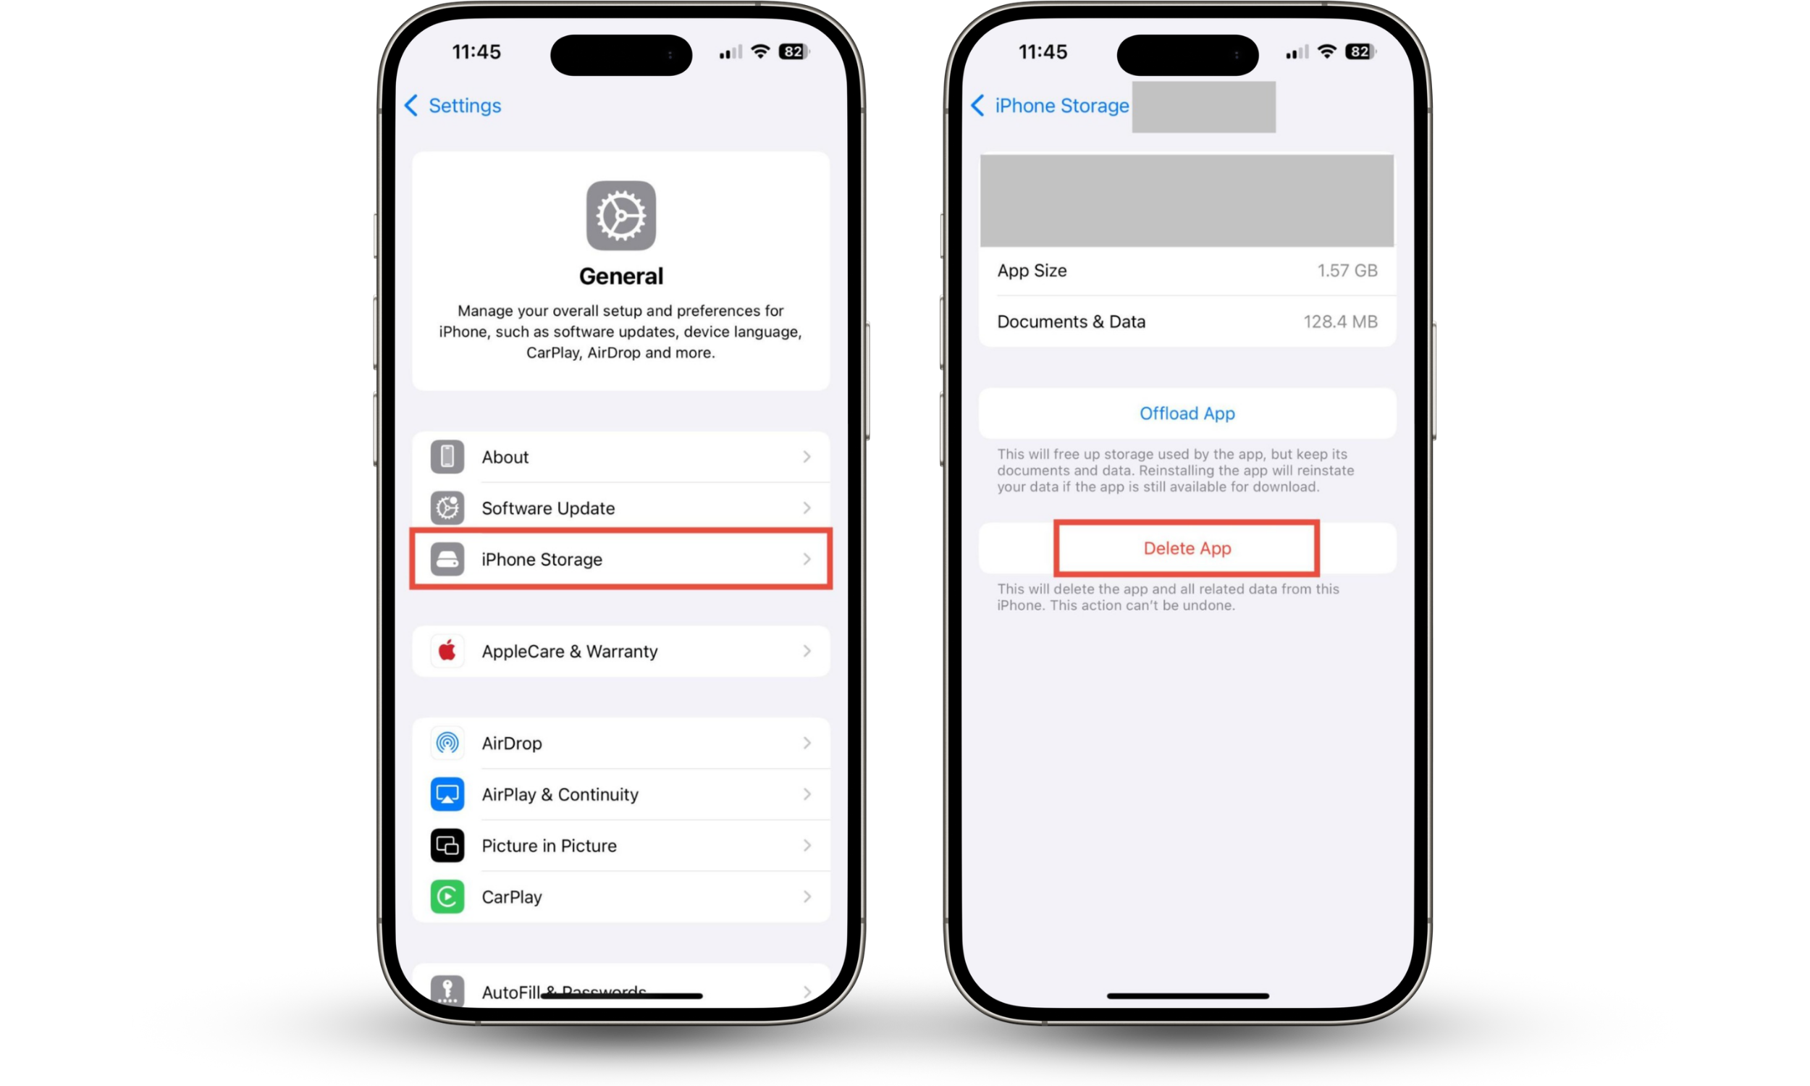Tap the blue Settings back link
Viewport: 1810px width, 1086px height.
(x=454, y=106)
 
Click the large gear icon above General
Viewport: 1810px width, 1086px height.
(x=620, y=216)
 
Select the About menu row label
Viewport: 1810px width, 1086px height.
(x=505, y=458)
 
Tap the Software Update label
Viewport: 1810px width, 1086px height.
(x=548, y=508)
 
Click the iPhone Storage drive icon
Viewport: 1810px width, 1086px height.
(x=447, y=560)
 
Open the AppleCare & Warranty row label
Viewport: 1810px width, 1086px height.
(x=569, y=652)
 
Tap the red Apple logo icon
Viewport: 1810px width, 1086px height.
(x=447, y=651)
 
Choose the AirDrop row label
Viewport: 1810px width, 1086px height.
(x=511, y=744)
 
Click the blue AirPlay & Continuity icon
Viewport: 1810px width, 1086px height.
(x=447, y=795)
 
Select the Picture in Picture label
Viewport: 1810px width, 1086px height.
(x=549, y=846)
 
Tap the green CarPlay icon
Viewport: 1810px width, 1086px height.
(x=447, y=897)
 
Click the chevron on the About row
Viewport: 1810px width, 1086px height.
(x=807, y=458)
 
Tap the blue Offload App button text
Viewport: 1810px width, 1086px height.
(x=1187, y=413)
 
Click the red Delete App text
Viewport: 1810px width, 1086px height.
(x=1187, y=548)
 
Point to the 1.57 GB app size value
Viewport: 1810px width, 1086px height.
(x=1347, y=271)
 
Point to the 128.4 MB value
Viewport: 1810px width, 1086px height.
(x=1339, y=322)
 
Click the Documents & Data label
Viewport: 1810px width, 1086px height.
(x=1071, y=322)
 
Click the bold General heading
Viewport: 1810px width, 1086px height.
(x=620, y=276)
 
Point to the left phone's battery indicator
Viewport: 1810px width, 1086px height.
(x=794, y=52)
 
